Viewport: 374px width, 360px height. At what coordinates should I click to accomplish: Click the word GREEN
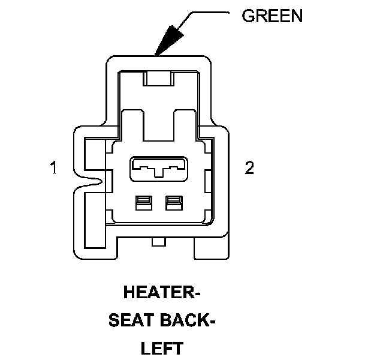click(x=272, y=16)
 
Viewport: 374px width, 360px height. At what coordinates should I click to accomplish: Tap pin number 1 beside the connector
click(x=53, y=168)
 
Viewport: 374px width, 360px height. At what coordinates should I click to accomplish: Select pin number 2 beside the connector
click(x=249, y=168)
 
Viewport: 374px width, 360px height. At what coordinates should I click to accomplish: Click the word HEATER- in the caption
click(x=161, y=293)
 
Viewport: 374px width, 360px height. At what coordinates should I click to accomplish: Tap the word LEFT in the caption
click(x=161, y=349)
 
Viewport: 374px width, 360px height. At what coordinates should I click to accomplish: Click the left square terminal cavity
click(x=143, y=203)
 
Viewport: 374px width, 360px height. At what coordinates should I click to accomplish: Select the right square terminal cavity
click(x=174, y=203)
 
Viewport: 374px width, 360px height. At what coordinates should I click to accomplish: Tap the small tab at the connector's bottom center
click(x=159, y=242)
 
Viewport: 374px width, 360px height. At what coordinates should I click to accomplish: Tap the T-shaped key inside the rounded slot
click(x=158, y=173)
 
